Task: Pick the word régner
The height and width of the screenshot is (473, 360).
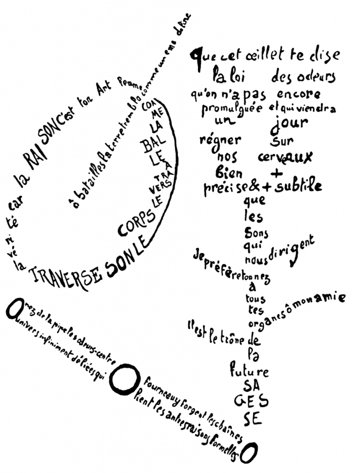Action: coord(220,139)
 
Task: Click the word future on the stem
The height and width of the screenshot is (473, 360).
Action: coord(249,371)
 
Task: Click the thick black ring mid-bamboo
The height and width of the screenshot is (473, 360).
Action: coord(122,379)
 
